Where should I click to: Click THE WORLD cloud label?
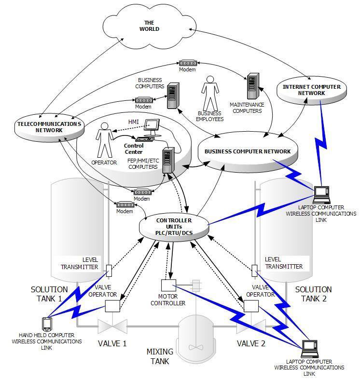pos(149,26)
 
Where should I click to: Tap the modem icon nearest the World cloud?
pos(188,63)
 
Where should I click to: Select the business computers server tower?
pos(173,95)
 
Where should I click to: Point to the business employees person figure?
pos(210,94)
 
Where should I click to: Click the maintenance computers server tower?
pos(253,86)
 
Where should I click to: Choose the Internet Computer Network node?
pos(312,90)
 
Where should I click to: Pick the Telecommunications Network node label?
pos(49,127)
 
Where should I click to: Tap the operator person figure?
pos(105,140)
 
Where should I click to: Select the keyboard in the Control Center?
pos(145,139)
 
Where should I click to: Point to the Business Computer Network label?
pos(248,151)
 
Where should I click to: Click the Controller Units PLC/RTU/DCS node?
pos(174,227)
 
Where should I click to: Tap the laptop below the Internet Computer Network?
pos(321,195)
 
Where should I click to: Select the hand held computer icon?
pos(47,325)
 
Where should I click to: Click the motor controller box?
pos(168,285)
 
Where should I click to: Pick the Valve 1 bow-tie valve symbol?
pos(112,327)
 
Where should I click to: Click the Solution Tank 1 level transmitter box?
pos(109,271)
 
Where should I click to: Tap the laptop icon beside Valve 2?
pos(310,349)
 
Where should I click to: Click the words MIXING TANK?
pos(160,356)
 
